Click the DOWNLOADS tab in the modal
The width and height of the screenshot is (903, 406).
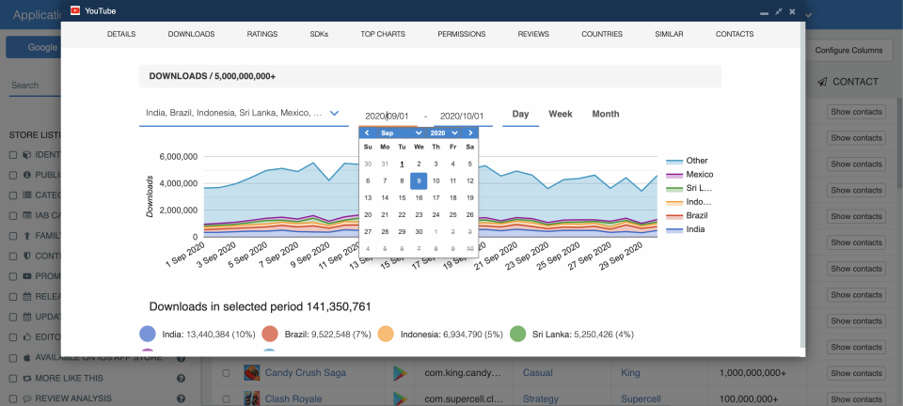pyautogui.click(x=191, y=34)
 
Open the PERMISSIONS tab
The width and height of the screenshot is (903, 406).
pyautogui.click(x=461, y=34)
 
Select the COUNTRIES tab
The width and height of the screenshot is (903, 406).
pyautogui.click(x=602, y=34)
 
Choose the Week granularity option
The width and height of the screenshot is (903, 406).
pyautogui.click(x=561, y=115)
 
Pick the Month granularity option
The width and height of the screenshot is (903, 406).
pyautogui.click(x=605, y=115)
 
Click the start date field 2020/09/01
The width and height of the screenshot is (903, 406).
pyautogui.click(x=387, y=117)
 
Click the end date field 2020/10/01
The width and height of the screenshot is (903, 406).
pyautogui.click(x=461, y=117)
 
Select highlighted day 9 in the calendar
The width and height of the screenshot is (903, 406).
pyautogui.click(x=419, y=180)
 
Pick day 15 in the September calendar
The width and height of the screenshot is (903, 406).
pyautogui.click(x=402, y=197)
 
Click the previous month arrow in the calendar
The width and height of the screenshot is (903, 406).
pyautogui.click(x=367, y=133)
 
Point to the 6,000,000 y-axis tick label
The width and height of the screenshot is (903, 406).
pyautogui.click(x=178, y=157)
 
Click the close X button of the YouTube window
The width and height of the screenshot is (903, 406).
pyautogui.click(x=793, y=11)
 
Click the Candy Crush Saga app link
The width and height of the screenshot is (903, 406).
pyautogui.click(x=305, y=373)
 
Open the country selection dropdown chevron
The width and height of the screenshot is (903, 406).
pyautogui.click(x=334, y=114)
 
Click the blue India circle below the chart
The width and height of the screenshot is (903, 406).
pyautogui.click(x=148, y=334)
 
